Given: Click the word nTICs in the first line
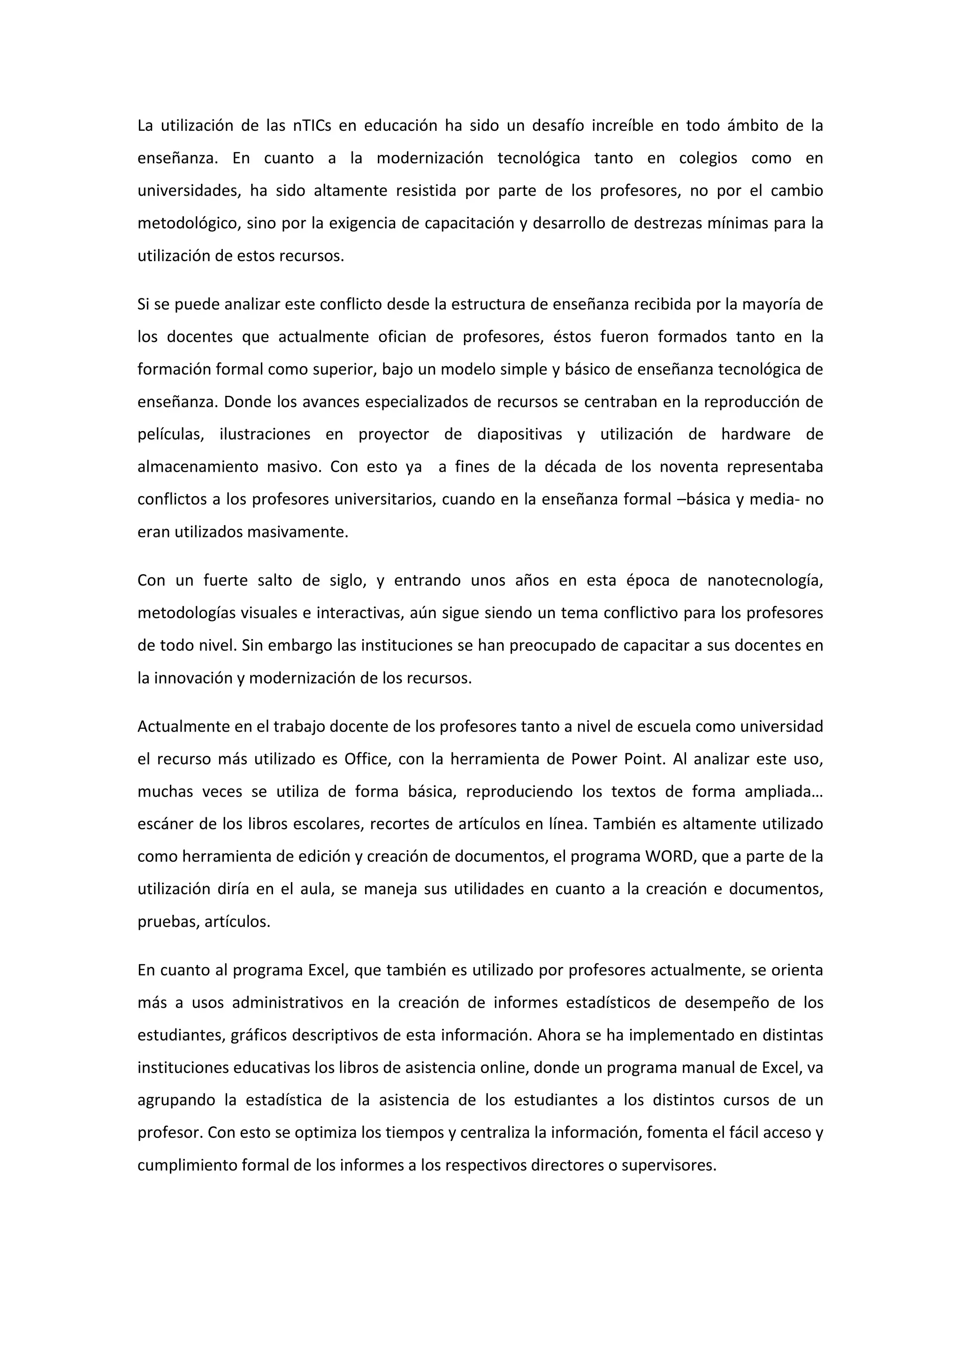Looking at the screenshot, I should pos(312,126).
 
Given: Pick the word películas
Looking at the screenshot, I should pos(170,435).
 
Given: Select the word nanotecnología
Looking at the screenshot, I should pos(764,581).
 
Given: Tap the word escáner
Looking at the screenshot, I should pos(163,824).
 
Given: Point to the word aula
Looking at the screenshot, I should pos(317,890).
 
